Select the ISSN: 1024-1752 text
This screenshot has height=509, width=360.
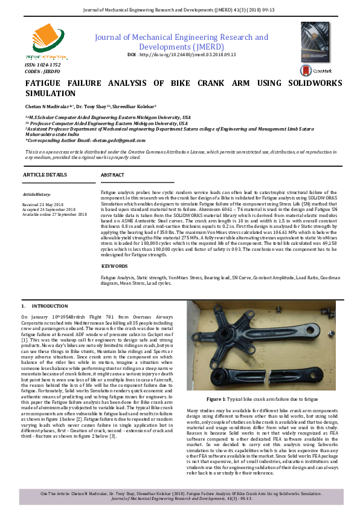click(x=43, y=64)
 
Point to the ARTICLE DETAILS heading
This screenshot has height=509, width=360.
click(x=45, y=174)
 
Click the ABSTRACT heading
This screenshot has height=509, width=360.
click(x=112, y=175)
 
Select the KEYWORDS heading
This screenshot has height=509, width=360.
click(x=115, y=266)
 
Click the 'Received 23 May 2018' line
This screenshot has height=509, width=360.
click(x=44, y=205)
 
